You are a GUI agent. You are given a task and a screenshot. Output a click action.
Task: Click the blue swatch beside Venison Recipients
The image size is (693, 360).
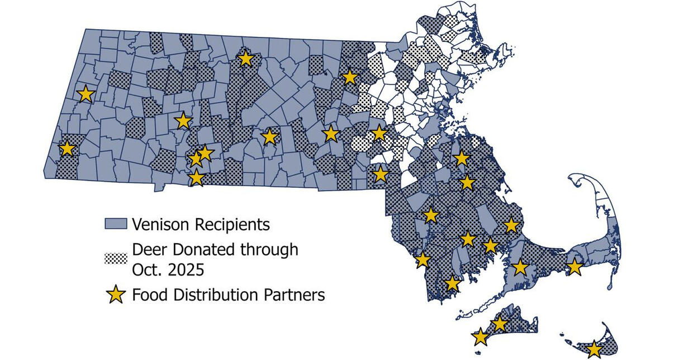(116, 224)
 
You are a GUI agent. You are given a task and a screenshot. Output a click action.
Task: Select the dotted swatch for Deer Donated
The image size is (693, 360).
(116, 258)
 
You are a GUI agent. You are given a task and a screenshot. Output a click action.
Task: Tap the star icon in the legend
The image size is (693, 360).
(116, 294)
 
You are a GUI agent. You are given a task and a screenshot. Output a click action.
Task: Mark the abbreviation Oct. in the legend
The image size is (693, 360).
(146, 269)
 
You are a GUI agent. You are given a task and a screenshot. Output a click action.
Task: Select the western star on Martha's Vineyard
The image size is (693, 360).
(480, 337)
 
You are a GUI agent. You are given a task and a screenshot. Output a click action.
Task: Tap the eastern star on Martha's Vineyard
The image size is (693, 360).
(499, 324)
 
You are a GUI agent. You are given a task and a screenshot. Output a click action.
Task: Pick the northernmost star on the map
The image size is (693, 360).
(245, 58)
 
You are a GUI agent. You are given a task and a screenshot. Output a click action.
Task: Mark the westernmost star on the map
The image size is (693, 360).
(67, 149)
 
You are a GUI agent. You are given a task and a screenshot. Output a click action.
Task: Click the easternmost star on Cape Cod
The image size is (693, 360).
(575, 267)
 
